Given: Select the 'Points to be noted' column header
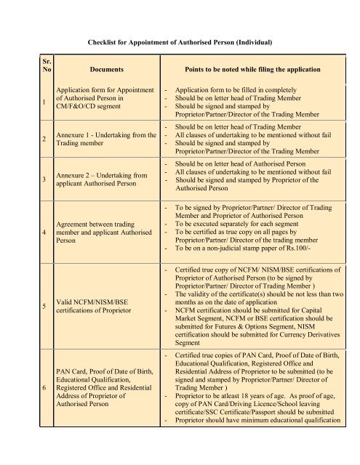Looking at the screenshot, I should pos(254,68).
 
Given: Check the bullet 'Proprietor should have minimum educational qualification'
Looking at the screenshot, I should pos(262,419).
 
